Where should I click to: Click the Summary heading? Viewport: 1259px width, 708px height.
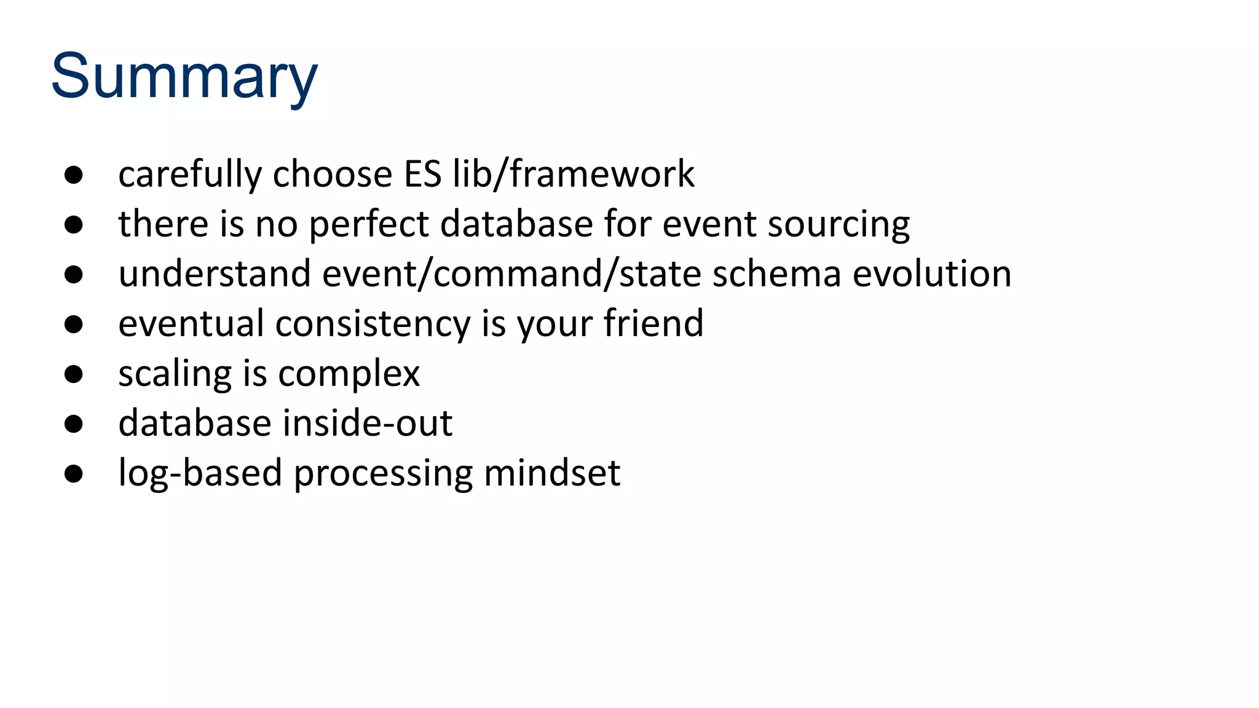(184, 77)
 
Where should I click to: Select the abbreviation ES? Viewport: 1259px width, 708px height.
(422, 174)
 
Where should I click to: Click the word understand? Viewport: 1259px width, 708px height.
(215, 273)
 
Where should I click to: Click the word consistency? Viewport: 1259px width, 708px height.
(373, 324)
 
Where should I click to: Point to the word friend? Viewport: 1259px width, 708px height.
(653, 324)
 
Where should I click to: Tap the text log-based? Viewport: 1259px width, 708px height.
(200, 473)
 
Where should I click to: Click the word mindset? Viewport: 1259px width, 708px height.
(552, 473)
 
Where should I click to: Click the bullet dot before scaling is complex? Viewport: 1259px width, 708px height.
(74, 374)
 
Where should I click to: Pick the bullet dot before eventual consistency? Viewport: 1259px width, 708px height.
(74, 324)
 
